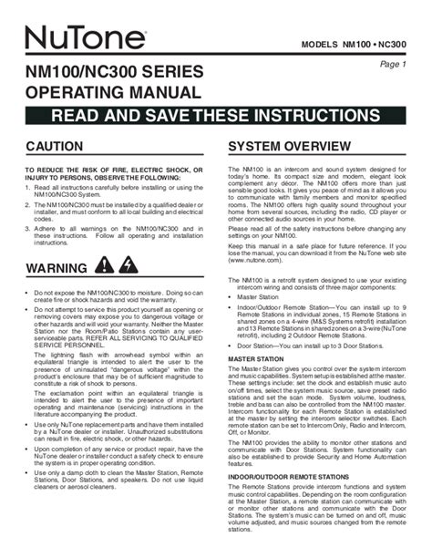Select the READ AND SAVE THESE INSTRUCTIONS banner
point(215,115)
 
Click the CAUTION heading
point(56,146)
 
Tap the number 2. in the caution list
point(28,209)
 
